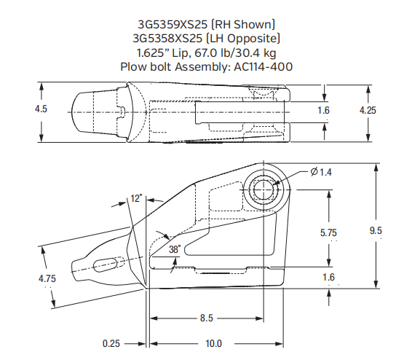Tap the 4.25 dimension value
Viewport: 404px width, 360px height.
(368, 110)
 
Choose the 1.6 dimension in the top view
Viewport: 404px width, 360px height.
(324, 110)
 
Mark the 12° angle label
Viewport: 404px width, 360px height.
(136, 197)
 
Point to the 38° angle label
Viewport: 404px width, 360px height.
(175, 248)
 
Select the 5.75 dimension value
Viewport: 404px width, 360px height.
(330, 232)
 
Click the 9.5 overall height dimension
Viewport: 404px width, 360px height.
(376, 231)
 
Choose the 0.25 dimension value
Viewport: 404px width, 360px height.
(112, 343)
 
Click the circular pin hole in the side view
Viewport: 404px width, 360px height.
(263, 187)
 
